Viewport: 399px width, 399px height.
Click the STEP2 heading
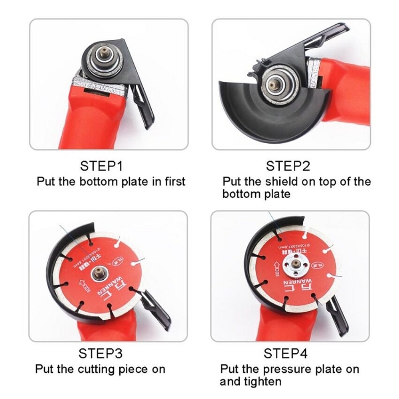coord(288,166)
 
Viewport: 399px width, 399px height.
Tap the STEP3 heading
coord(100,353)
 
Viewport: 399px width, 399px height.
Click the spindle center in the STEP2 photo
coord(275,84)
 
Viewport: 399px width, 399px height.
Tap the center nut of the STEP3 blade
coord(98,274)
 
